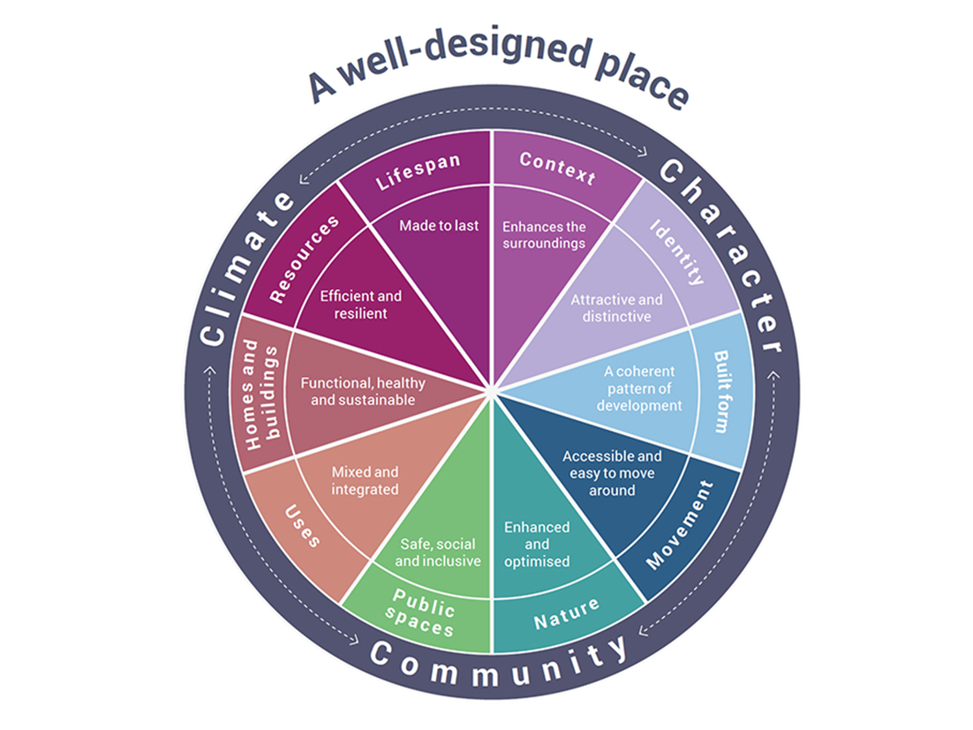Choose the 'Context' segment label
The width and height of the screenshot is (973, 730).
(557, 167)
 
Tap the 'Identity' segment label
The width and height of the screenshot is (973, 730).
(679, 252)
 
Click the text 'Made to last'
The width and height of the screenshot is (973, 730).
(439, 226)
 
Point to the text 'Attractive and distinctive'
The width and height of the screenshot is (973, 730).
(616, 308)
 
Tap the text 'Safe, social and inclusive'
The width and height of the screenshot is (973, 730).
(438, 553)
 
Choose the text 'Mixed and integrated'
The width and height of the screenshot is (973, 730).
(364, 480)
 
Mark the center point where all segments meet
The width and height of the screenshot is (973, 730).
(491, 388)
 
